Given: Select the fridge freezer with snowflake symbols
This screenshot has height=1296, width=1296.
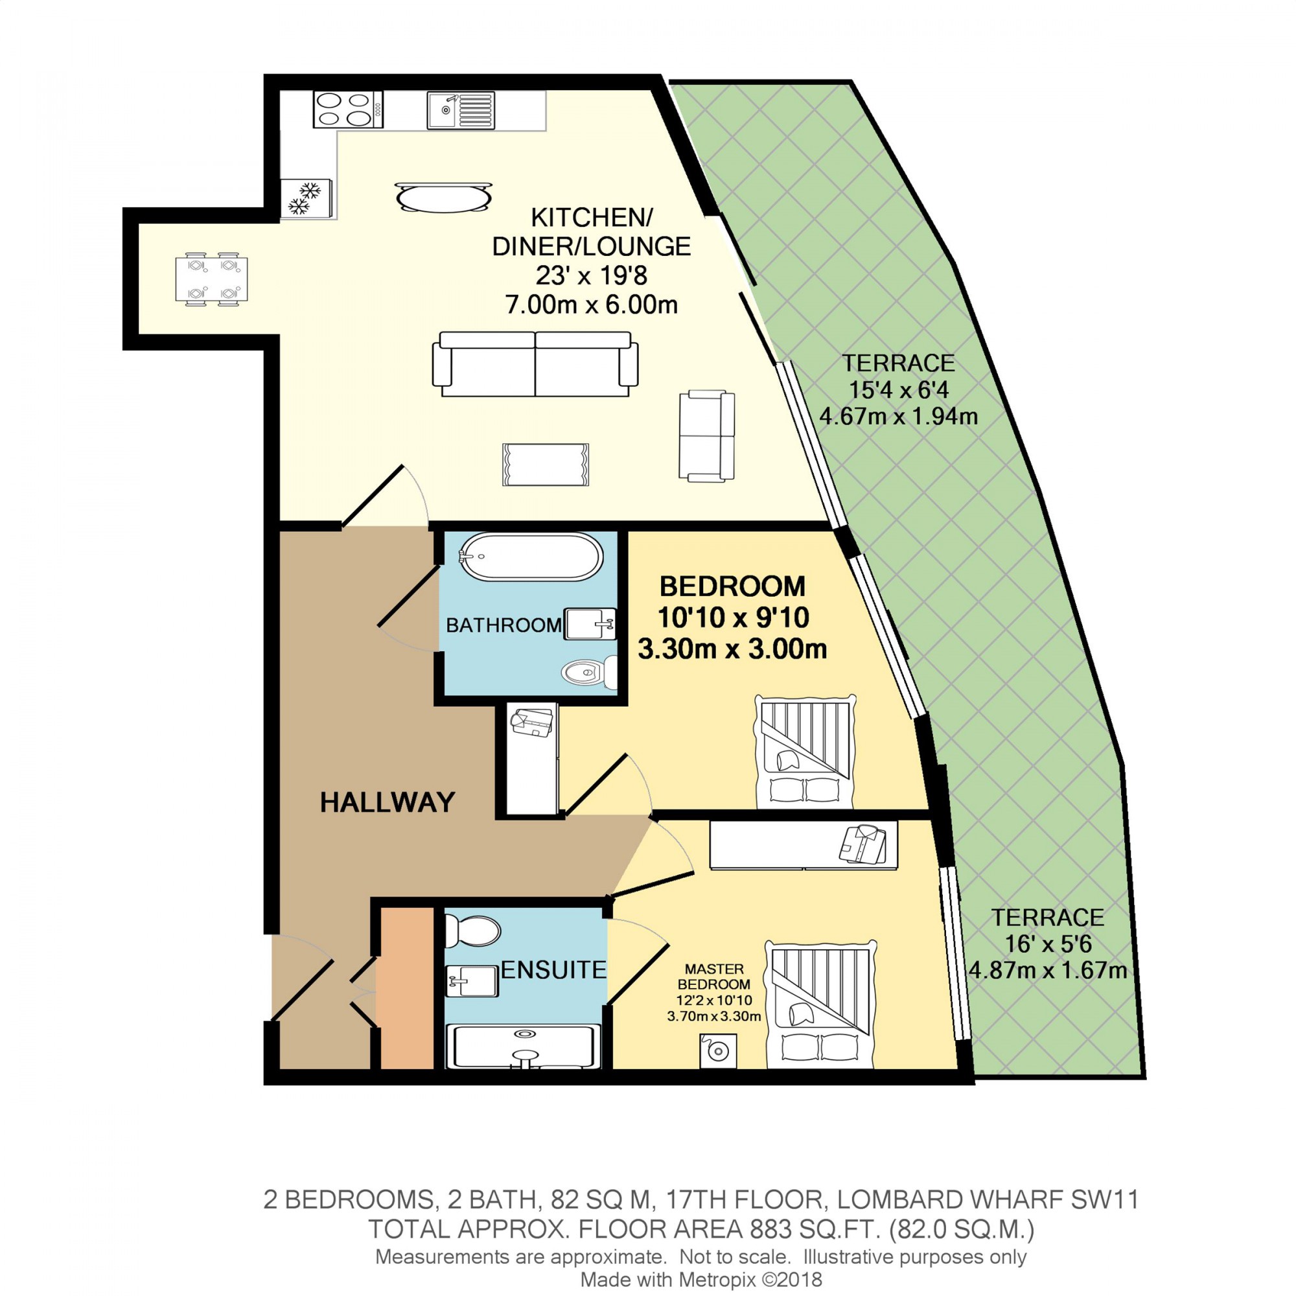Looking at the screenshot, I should [306, 198].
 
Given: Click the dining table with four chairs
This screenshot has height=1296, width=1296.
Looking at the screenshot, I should [211, 279].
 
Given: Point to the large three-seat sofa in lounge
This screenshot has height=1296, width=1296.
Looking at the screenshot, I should [535, 364].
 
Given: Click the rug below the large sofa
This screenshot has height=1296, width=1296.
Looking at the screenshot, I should [546, 464].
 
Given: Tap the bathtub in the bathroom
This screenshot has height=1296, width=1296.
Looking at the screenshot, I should [530, 557].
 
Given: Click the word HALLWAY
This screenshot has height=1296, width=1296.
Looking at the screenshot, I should [387, 802].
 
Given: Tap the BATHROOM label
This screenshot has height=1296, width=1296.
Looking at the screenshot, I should [503, 625].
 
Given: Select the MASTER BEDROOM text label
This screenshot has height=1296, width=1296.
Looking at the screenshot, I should [713, 977].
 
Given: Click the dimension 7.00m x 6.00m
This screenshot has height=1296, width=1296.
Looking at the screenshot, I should [590, 305].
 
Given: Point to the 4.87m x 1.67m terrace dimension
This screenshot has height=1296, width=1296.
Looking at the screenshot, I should [1048, 970].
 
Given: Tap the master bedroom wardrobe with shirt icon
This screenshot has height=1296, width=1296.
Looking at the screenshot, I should [803, 846].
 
